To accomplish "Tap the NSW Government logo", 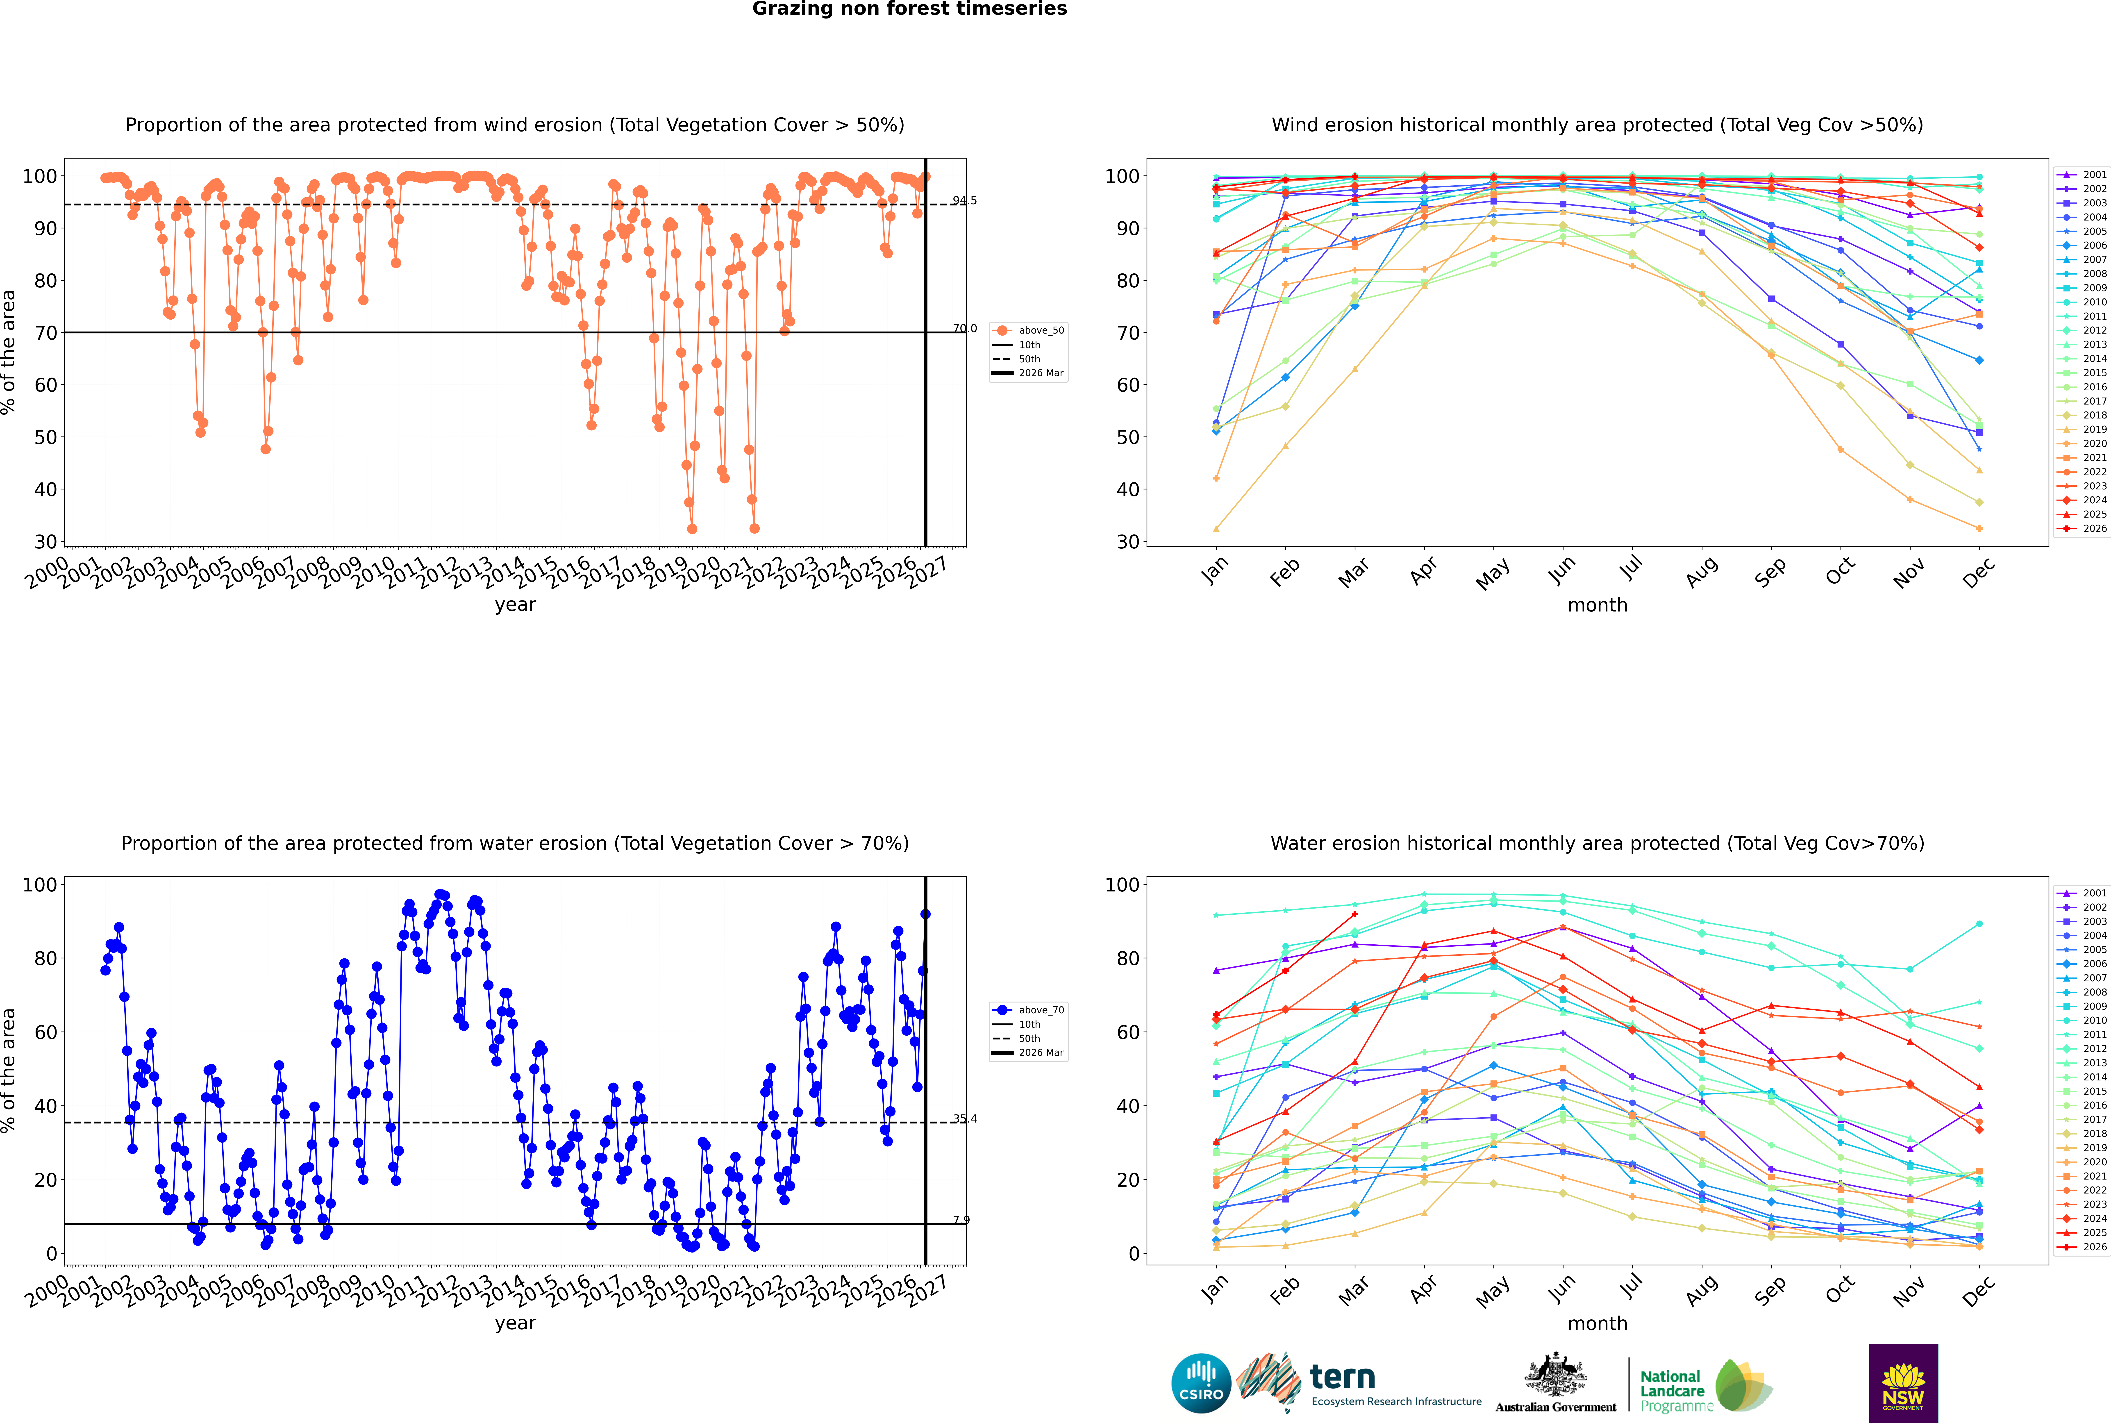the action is click(1903, 1383).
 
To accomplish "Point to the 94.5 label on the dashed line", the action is click(965, 200).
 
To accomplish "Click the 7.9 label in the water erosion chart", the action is click(961, 1220).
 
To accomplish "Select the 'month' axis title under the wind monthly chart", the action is click(1597, 605).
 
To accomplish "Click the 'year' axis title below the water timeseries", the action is click(516, 1323).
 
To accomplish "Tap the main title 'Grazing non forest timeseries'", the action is click(909, 9).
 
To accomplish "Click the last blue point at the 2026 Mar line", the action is click(925, 914).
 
